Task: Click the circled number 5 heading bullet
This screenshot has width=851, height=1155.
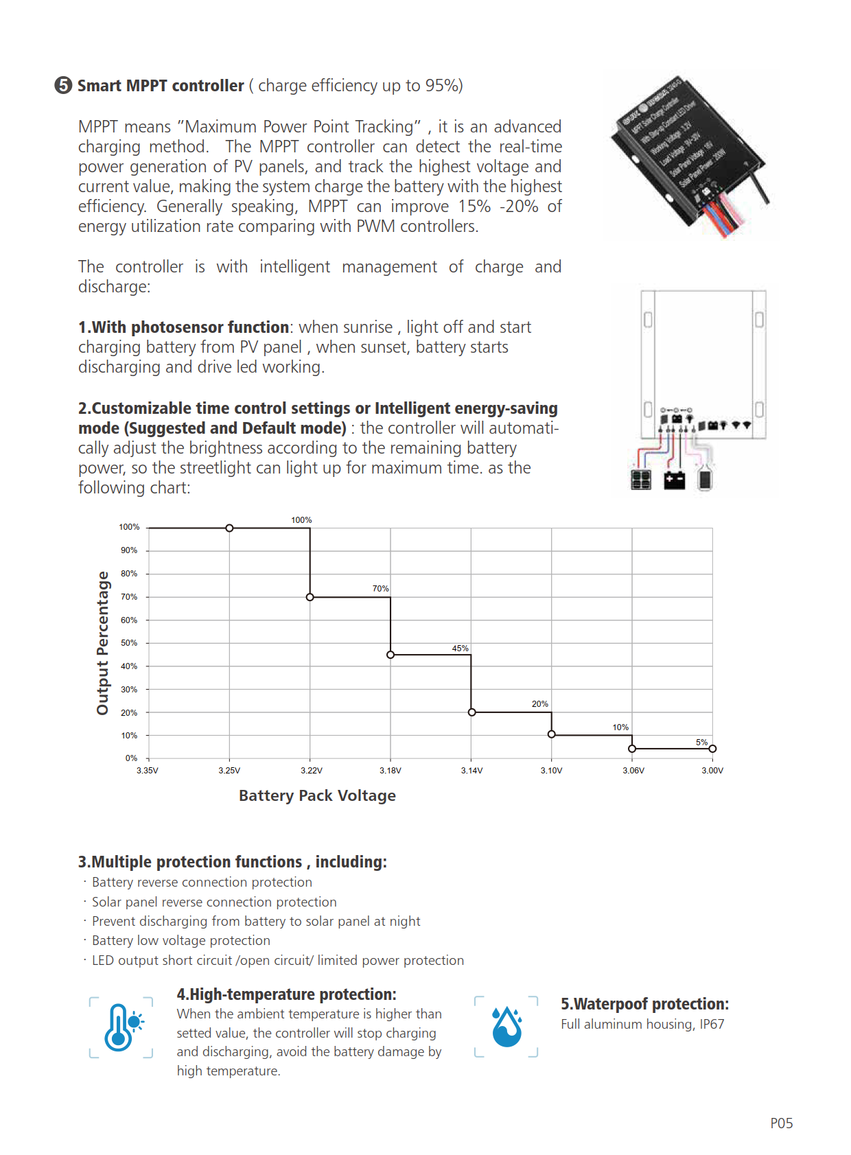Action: click(63, 85)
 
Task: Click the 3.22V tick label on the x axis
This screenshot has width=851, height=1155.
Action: click(311, 771)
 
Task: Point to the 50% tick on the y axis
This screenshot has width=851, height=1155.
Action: click(129, 643)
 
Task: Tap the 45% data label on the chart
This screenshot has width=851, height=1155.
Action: click(460, 649)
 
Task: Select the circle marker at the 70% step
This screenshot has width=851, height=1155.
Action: click(310, 597)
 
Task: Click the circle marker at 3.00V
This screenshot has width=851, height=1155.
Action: click(712, 749)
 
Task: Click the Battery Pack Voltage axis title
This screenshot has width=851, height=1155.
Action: click(317, 795)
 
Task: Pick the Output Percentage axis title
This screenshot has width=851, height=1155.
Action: click(103, 643)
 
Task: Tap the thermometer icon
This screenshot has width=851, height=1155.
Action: click(121, 1027)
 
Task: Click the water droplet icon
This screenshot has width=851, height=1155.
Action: click(507, 1027)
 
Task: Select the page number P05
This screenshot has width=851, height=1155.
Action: click(781, 1123)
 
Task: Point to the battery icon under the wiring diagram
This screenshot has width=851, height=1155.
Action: click(675, 480)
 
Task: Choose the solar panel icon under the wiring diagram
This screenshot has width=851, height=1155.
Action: click(640, 480)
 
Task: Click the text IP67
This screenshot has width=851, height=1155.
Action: click(712, 1024)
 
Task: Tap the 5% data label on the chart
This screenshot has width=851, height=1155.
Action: click(701, 743)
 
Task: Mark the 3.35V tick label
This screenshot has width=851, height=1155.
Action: click(148, 771)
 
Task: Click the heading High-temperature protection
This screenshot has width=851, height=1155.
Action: click(286, 994)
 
